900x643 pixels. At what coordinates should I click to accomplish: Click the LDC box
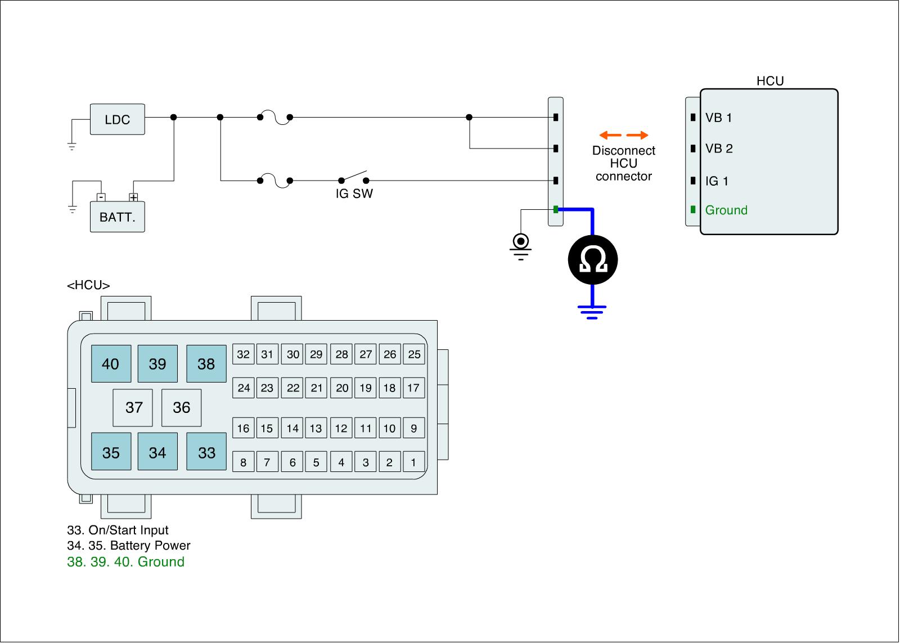tap(117, 119)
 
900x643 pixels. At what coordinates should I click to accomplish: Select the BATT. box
tap(117, 217)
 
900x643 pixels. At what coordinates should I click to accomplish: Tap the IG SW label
tap(354, 194)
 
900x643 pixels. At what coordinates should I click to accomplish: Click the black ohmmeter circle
tap(592, 260)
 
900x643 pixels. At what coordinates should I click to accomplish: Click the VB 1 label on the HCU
tap(718, 118)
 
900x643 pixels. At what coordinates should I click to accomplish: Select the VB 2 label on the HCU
tap(719, 149)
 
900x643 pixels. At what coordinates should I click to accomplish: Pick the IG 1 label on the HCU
tap(717, 181)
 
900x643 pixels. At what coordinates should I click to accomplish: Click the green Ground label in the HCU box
tap(726, 210)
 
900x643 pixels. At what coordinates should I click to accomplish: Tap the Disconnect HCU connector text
tap(623, 163)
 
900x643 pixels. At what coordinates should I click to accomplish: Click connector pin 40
tap(111, 364)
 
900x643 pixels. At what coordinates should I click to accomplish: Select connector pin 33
tap(206, 452)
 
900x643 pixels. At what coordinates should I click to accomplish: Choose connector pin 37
tap(133, 407)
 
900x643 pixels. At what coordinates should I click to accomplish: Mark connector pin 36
tap(181, 407)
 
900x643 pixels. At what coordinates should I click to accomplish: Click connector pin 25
tap(414, 354)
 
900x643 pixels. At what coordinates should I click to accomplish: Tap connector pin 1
tap(413, 462)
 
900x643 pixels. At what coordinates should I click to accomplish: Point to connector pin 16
tap(243, 428)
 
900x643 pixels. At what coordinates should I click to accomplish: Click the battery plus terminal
tap(133, 197)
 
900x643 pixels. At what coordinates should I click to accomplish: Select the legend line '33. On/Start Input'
tap(118, 530)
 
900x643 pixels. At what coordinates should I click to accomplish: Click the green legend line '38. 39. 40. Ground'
tap(125, 561)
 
